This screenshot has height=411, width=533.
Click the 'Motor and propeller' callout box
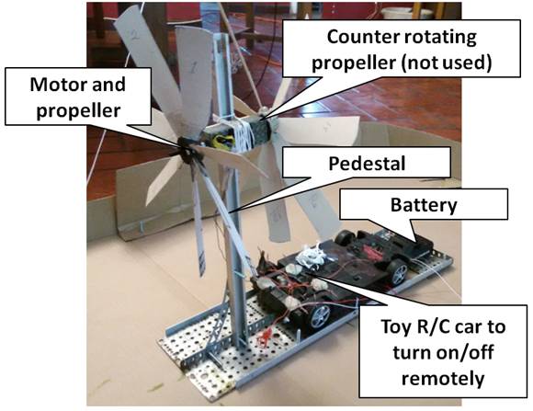[78, 97]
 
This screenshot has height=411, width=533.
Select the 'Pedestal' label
[367, 164]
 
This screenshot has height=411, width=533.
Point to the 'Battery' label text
[424, 204]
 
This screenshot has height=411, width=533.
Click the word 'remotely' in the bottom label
[443, 378]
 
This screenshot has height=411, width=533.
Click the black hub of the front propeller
[186, 150]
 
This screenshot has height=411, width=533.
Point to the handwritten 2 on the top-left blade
[134, 35]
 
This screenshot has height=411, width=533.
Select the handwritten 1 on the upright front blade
[193, 67]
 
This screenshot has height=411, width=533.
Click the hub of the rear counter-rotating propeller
[263, 112]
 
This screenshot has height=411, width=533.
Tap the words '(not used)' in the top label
[447, 63]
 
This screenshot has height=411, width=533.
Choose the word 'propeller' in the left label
[78, 111]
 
